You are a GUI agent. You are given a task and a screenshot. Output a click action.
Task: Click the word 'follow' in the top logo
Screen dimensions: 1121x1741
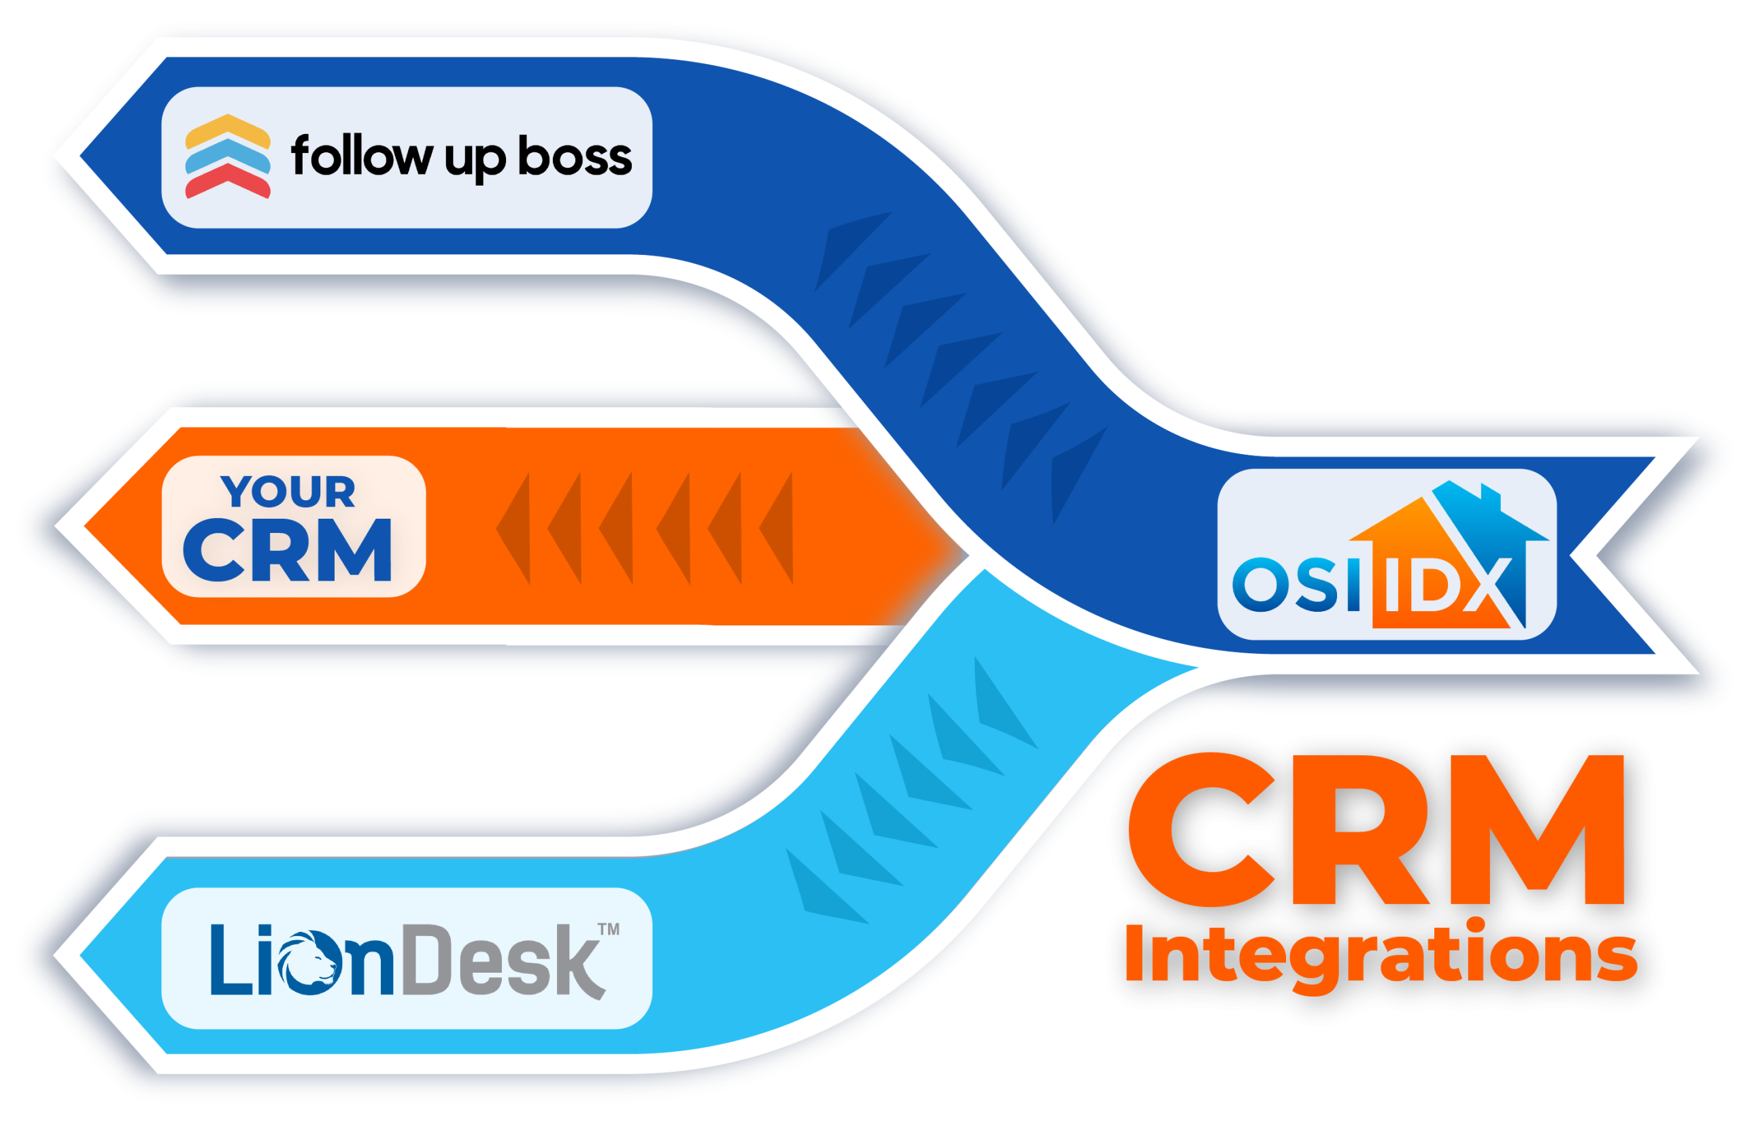(361, 156)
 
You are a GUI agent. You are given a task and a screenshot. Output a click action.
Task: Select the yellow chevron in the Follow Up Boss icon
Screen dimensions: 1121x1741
(228, 130)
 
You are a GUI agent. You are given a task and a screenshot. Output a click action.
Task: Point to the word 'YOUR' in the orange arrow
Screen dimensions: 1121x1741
(288, 491)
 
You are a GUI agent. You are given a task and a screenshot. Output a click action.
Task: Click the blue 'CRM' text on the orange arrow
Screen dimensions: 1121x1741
(288, 551)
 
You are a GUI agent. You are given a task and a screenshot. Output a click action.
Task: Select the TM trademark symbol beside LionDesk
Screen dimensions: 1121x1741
(608, 929)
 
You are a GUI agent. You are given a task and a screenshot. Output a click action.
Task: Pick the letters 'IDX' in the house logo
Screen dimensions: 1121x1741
(1445, 585)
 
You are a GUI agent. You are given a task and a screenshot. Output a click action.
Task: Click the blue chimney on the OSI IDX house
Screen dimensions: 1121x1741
(1491, 497)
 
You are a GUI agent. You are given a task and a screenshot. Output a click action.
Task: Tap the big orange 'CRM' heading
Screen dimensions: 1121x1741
(1376, 830)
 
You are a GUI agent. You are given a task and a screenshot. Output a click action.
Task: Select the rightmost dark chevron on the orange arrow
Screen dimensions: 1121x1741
(777, 528)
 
